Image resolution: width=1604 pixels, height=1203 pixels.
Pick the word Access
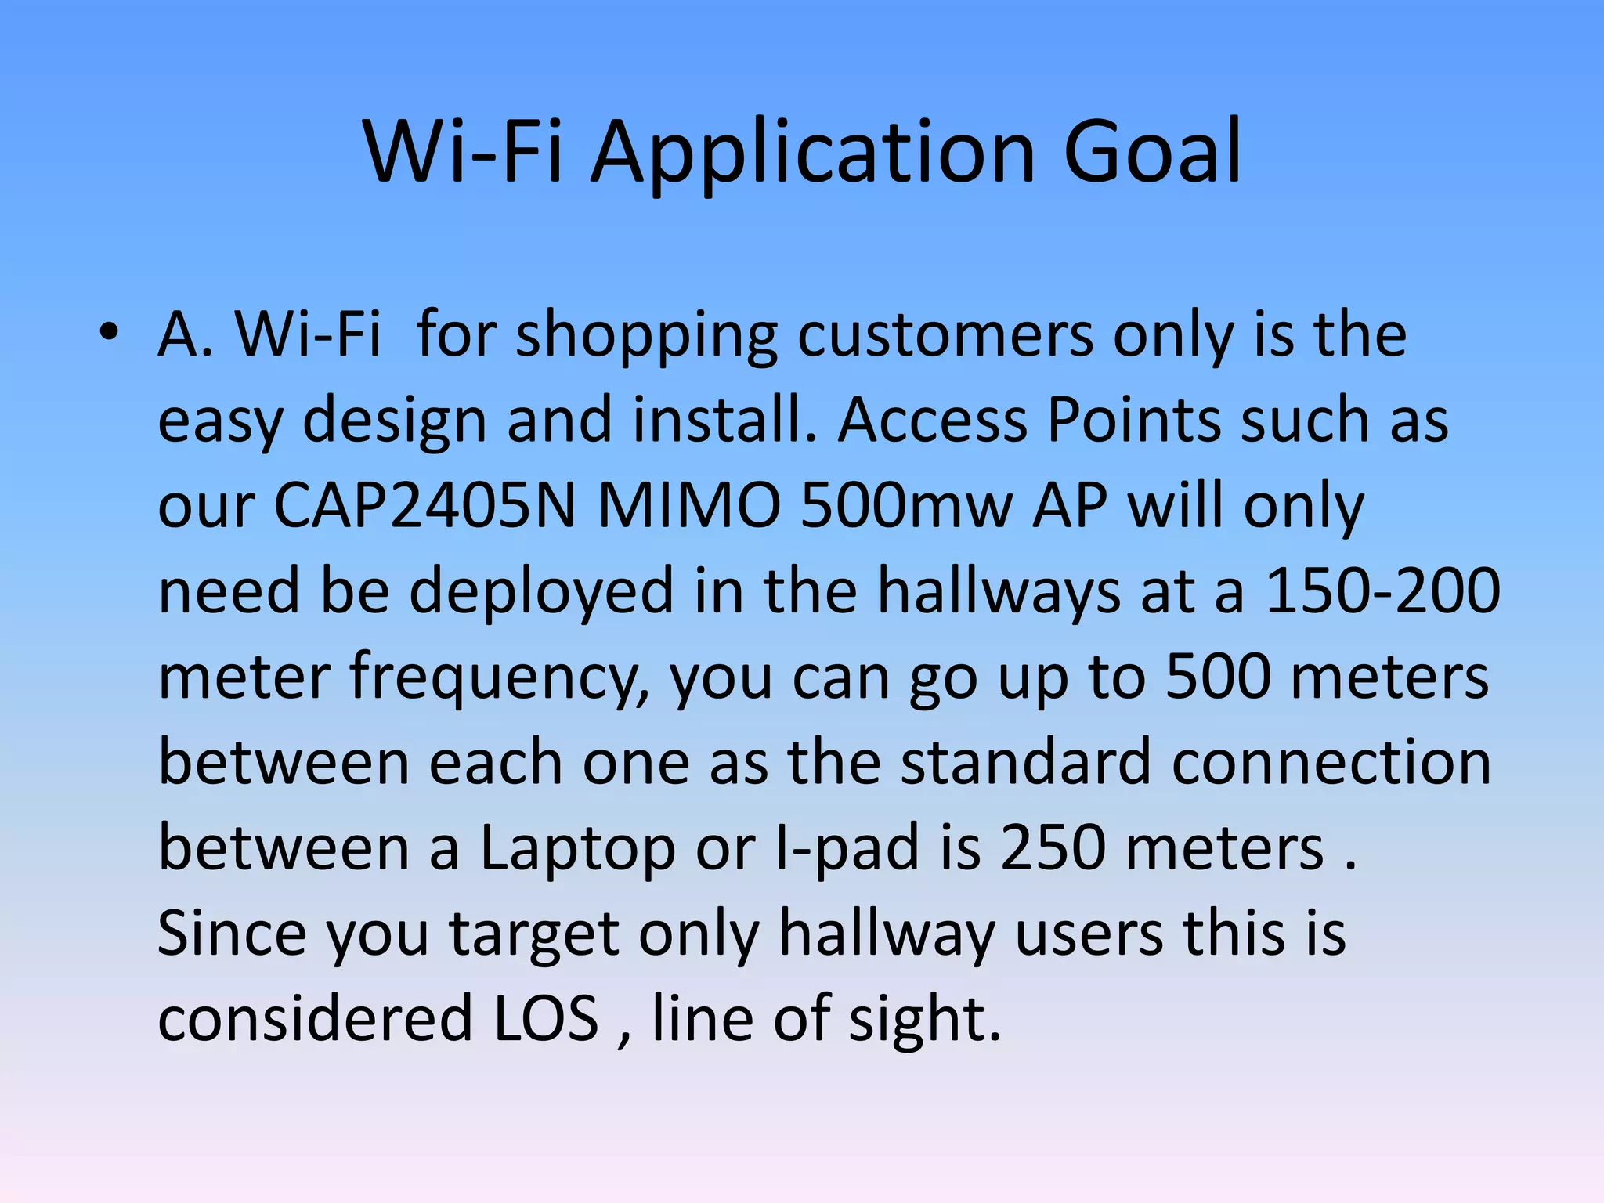point(932,420)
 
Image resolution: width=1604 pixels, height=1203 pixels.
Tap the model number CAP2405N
point(424,506)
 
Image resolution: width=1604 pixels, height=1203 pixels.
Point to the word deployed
point(540,593)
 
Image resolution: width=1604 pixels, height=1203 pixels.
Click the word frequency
point(498,678)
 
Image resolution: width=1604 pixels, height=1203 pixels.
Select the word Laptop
point(578,849)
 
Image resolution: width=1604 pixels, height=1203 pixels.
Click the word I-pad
point(846,849)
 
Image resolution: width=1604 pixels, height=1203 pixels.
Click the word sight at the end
point(924,1020)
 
